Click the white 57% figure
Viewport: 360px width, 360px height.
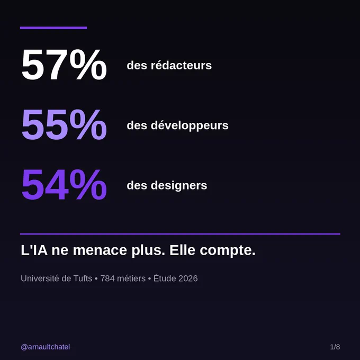tap(64, 65)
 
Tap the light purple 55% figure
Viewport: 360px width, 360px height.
tap(64, 124)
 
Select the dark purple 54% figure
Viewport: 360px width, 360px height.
tap(64, 185)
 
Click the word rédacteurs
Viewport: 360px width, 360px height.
tap(181, 65)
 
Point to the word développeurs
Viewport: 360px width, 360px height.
tap(190, 126)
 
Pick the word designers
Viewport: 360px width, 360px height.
tap(179, 186)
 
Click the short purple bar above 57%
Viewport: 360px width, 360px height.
tap(53, 28)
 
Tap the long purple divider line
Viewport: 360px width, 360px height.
tap(180, 234)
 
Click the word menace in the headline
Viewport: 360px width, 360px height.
tap(100, 250)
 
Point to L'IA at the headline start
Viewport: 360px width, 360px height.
tap(34, 250)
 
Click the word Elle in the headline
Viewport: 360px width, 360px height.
tap(183, 250)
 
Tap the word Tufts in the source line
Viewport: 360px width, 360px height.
tap(83, 278)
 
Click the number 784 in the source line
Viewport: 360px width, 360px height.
tap(107, 278)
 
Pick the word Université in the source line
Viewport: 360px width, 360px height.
tap(40, 278)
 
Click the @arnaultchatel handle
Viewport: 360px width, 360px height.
tap(45, 347)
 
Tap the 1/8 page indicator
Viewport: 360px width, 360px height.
tap(335, 347)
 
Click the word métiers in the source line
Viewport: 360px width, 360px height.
tap(131, 278)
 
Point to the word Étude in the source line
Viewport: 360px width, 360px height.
tap(165, 278)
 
